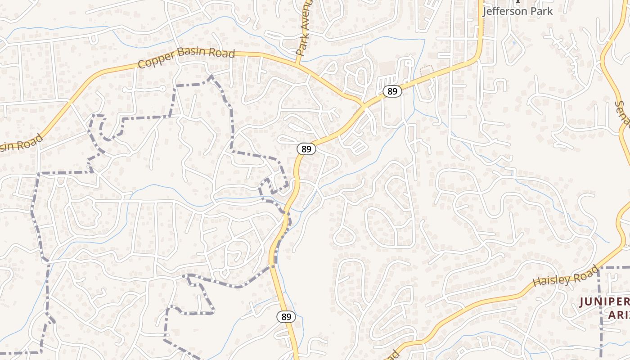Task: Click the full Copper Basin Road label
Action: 187,58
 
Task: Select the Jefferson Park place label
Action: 517,11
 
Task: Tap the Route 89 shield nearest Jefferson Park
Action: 392,91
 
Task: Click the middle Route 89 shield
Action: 306,149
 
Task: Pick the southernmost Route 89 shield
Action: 286,317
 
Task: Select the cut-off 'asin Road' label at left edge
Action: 20,143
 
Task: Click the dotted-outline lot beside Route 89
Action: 426,71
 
